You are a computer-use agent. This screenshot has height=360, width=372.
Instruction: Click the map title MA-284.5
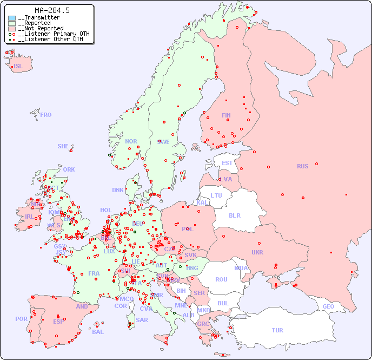coord(51,10)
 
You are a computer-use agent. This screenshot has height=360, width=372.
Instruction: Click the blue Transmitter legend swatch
coord(12,18)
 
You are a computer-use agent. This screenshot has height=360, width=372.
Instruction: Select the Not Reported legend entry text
coord(43,28)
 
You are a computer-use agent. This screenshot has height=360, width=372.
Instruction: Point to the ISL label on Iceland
coord(18,67)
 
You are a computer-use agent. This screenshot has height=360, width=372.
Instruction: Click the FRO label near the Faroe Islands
coord(46,115)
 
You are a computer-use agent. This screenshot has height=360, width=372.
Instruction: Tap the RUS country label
coord(302,166)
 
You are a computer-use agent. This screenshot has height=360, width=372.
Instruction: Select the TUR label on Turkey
coord(277,330)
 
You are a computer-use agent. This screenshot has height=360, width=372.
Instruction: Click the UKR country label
coord(257,252)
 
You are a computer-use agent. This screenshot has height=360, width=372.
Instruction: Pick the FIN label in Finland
coord(226,115)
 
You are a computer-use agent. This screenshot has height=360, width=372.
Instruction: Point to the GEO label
coord(328,306)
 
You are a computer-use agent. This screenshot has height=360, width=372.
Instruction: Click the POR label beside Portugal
coord(21,319)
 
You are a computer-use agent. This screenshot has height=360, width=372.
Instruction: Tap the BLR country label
coord(234,215)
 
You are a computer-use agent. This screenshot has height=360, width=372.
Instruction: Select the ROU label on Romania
coord(221,279)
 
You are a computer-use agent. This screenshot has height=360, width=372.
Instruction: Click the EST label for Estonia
coord(227,163)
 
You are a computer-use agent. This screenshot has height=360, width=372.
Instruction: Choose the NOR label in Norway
coord(131,141)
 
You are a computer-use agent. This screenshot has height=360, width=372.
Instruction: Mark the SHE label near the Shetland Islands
coord(63,146)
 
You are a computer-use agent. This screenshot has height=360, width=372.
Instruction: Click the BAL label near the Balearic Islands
coord(97,332)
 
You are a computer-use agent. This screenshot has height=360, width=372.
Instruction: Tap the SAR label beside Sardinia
coord(142,320)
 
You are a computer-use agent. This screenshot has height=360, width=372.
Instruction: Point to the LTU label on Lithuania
coord(216,195)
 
